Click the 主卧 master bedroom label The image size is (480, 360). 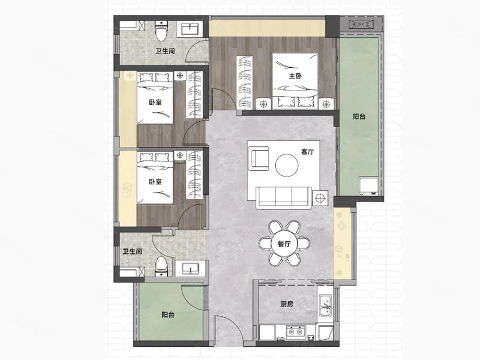click(295, 76)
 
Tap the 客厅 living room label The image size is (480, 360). click(307, 152)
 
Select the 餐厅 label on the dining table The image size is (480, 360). click(284, 244)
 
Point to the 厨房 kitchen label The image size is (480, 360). click(287, 304)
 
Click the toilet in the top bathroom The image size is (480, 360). click(161, 31)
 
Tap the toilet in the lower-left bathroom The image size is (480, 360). click(161, 267)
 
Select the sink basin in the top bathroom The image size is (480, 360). click(190, 29)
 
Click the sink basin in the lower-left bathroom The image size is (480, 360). click(190, 268)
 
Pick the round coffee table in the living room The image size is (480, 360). click(287, 165)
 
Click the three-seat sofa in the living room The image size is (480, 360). click(284, 198)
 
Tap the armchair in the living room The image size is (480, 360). click(260, 158)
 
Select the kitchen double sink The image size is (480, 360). click(325, 305)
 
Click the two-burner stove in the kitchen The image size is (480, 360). click(296, 332)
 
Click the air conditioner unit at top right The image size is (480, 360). click(361, 24)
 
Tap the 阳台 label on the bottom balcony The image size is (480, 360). click(168, 314)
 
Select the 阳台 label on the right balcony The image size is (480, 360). click(359, 116)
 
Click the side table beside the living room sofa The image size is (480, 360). click(320, 199)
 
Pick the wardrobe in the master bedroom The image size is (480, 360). click(245, 82)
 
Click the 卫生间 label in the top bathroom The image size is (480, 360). click(165, 51)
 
